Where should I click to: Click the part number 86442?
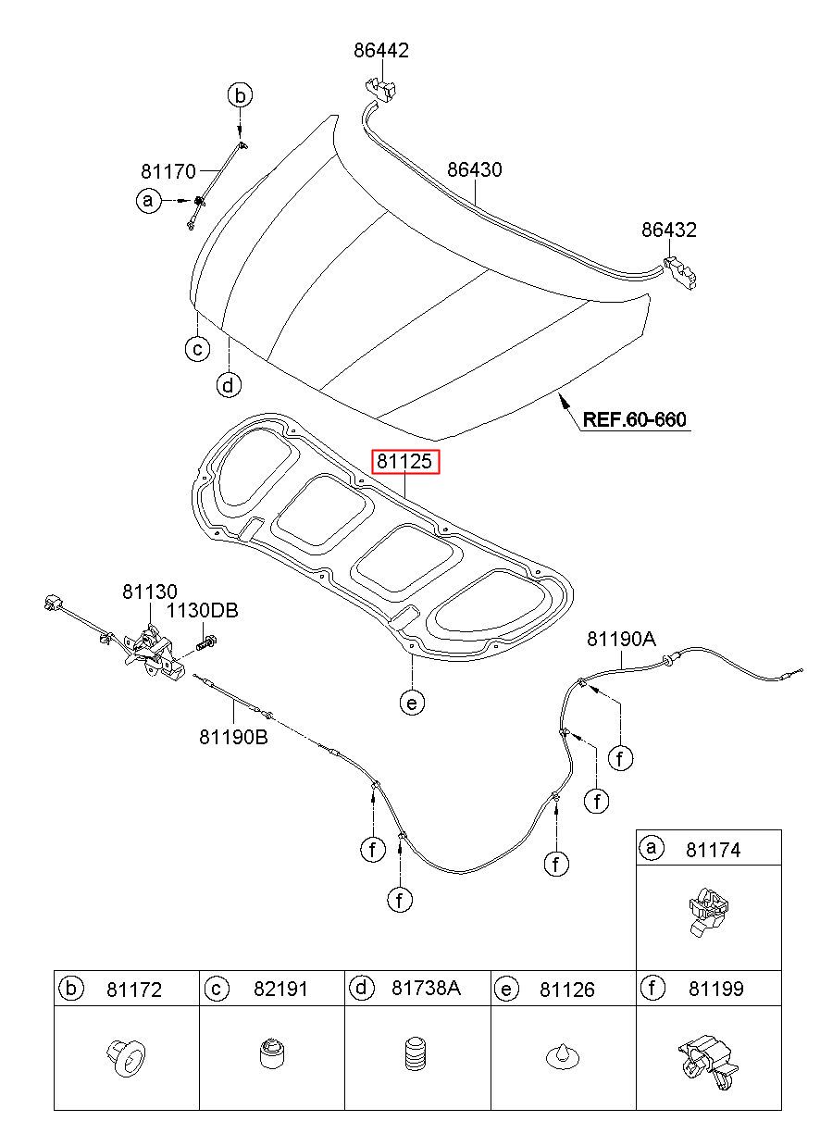381,50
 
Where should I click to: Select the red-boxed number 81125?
404,461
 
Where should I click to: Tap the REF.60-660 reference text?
634,419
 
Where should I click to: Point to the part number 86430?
474,169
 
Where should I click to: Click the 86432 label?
669,230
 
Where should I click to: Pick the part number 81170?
168,171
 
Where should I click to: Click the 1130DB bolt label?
202,611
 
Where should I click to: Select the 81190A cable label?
621,639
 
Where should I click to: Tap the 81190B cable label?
233,737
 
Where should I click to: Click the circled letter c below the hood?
198,348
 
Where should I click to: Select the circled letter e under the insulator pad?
412,703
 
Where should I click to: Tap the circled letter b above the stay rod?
240,95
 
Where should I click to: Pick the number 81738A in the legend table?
426,988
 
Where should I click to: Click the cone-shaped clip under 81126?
563,1056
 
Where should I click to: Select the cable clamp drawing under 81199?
708,1062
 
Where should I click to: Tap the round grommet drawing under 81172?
126,1057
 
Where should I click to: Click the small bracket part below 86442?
381,90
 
